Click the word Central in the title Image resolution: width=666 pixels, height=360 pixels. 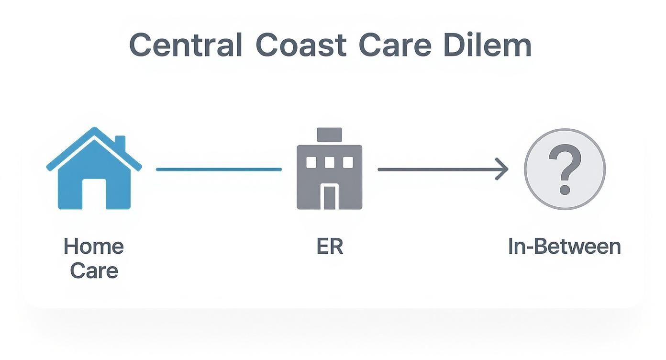click(185, 46)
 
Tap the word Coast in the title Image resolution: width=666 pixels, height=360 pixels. click(300, 46)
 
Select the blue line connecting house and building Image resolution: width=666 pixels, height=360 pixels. click(219, 169)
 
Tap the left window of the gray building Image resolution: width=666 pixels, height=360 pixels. click(311, 163)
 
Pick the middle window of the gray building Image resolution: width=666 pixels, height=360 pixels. click(329, 163)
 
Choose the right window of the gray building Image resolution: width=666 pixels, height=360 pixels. click(348, 163)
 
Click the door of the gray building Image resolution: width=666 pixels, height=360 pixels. click(329, 197)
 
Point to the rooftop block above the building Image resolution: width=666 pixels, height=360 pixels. click(329, 135)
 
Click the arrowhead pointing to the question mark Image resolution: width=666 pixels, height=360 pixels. click(502, 169)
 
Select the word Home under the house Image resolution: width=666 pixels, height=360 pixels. click(94, 247)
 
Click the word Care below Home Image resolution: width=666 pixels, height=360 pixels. click(94, 270)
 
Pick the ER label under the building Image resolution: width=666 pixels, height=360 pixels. click(330, 247)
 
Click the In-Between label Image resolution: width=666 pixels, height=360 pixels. click(565, 247)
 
